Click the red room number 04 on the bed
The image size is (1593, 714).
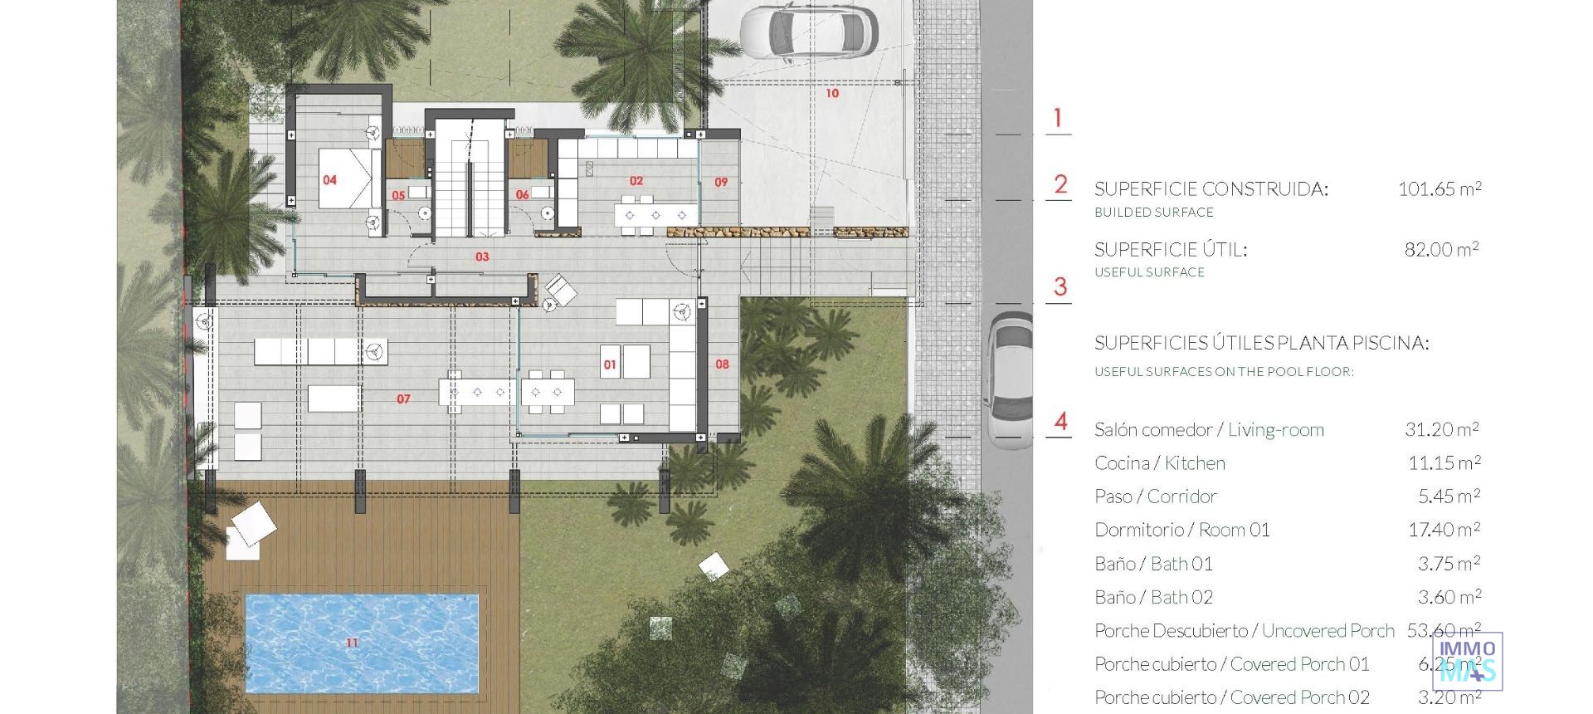(329, 179)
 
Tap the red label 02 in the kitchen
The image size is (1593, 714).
(636, 180)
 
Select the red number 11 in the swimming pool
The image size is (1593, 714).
(352, 643)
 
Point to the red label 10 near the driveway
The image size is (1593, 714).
(832, 93)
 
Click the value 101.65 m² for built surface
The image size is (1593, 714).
(1440, 188)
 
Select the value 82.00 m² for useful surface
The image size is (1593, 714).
(1441, 249)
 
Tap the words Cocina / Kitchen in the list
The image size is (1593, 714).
(1159, 463)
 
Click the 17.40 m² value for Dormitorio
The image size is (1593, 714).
(1444, 530)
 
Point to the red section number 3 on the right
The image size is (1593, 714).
(1060, 287)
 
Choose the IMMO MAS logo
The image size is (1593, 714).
(1467, 661)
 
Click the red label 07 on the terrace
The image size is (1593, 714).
(403, 399)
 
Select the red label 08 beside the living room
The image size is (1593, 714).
(722, 364)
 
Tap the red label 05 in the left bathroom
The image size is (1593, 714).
(399, 196)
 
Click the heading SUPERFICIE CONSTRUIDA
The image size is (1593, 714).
(1211, 188)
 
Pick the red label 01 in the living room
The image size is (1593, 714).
(610, 364)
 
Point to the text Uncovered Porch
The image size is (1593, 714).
(1327, 630)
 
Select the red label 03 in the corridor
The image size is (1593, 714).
(482, 257)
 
